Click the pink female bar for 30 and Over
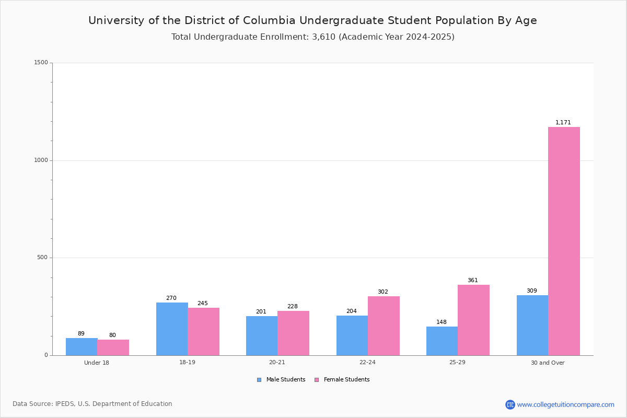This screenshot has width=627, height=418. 564,241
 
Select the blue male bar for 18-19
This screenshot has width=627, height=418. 172,329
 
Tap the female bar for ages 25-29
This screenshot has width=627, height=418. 473,320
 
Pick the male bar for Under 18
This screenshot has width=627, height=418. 82,346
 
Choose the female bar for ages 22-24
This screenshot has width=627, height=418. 384,326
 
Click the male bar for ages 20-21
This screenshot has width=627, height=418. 262,335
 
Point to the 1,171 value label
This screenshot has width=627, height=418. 563,122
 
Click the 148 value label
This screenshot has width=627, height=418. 442,322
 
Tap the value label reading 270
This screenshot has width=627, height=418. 171,298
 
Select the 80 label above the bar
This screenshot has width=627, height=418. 112,335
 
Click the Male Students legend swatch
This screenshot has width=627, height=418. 259,380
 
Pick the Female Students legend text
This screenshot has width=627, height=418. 346,379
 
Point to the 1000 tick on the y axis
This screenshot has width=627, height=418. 41,160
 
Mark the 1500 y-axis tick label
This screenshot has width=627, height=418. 41,62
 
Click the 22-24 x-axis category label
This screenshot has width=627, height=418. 367,362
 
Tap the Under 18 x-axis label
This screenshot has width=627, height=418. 97,363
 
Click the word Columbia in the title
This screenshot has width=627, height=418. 269,20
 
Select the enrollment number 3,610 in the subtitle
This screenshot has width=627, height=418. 323,37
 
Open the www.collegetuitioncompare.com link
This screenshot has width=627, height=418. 566,404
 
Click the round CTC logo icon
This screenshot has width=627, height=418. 510,404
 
